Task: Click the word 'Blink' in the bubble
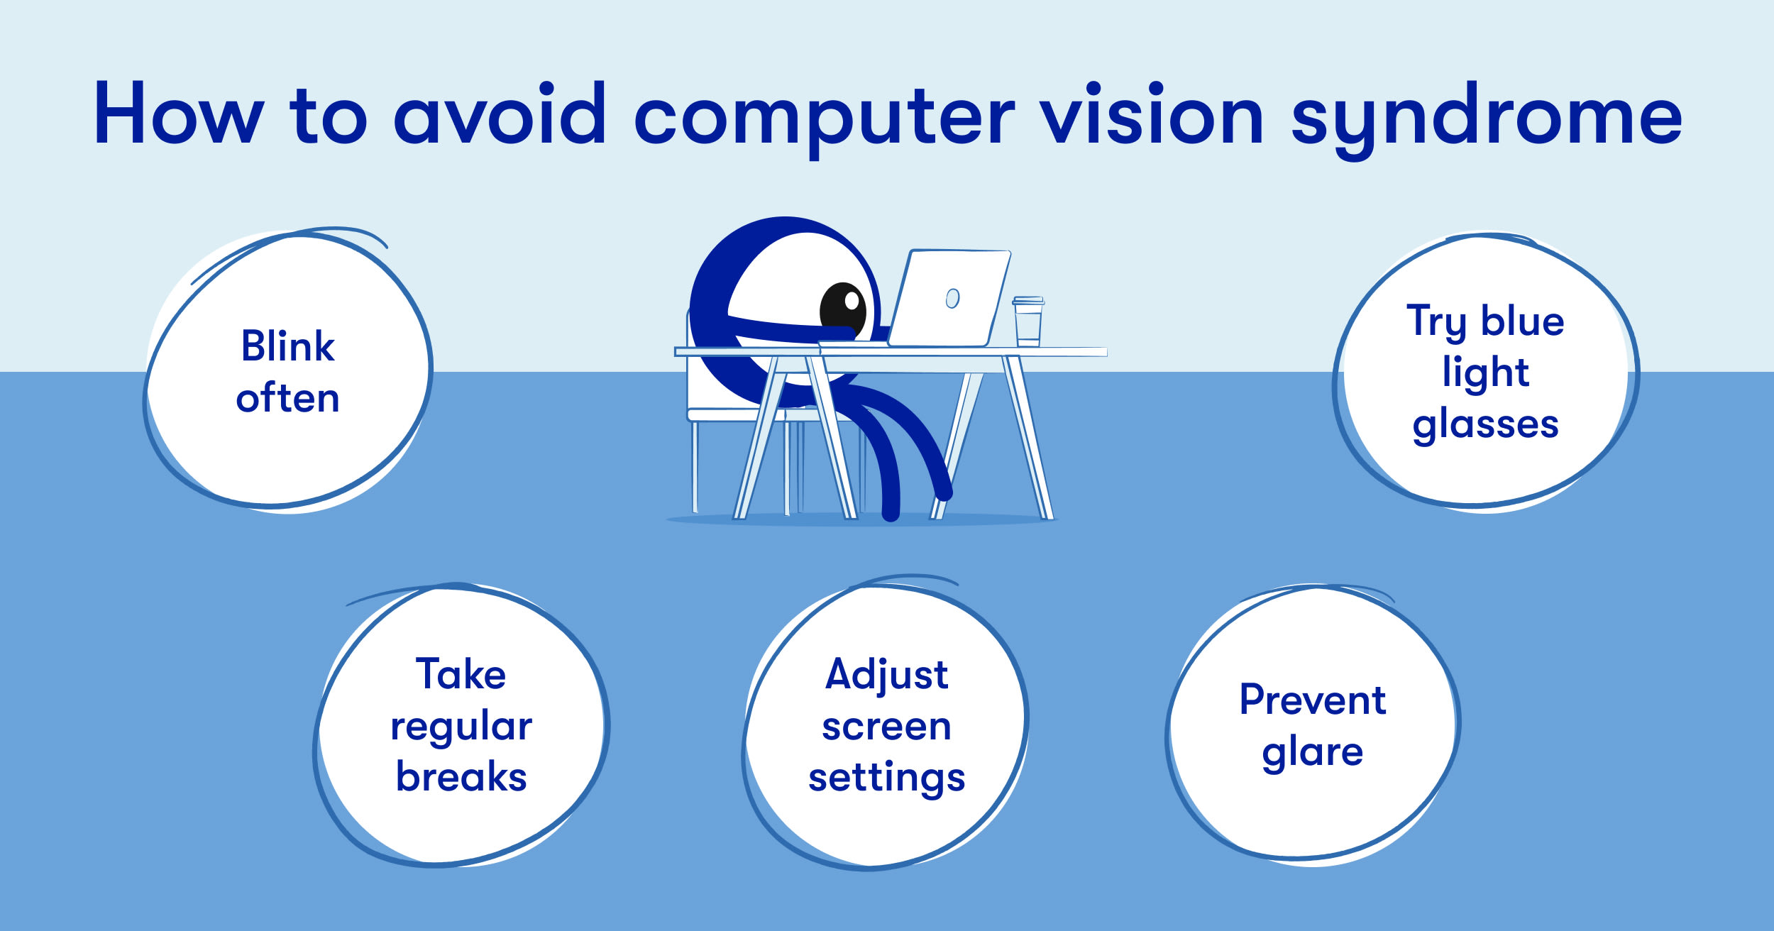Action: click(288, 346)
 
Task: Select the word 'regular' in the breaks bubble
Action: click(461, 728)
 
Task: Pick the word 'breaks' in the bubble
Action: click(461, 776)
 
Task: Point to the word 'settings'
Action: click(887, 779)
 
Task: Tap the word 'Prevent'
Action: click(1313, 700)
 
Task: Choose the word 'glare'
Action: click(1313, 754)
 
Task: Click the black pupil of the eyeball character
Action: click(843, 311)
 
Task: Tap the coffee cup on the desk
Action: click(1028, 321)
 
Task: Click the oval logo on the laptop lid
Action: click(953, 299)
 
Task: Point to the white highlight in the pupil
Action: click(852, 301)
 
